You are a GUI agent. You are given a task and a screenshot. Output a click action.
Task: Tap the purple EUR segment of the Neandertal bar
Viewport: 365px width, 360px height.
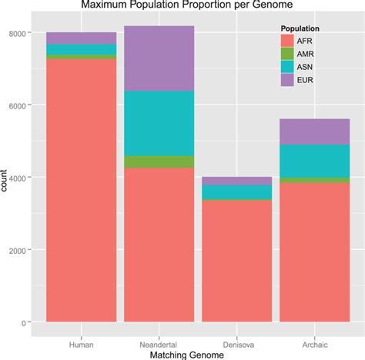point(159,58)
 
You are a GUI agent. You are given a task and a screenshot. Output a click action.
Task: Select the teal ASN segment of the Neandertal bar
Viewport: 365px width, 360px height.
point(159,123)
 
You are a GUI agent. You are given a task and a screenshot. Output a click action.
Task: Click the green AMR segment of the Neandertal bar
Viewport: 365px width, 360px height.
point(159,162)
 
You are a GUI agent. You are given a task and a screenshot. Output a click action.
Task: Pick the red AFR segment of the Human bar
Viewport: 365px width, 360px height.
point(81,189)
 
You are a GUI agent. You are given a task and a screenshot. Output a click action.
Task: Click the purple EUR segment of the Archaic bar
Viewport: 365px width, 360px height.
point(313,132)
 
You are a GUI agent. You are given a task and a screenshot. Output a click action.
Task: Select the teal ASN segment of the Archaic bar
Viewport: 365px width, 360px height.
point(313,161)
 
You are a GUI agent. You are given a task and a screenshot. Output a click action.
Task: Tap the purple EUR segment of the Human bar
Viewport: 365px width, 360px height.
point(81,38)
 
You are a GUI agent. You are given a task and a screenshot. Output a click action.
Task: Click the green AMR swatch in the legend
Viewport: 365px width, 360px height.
point(286,55)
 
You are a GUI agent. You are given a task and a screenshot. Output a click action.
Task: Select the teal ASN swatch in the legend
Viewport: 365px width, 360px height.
point(286,68)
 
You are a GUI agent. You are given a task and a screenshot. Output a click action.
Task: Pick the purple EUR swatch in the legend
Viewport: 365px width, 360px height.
point(286,80)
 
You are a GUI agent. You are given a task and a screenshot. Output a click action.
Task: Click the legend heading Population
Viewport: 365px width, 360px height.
point(300,29)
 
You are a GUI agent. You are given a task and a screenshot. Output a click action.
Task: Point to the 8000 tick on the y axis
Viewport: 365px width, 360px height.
point(19,33)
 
